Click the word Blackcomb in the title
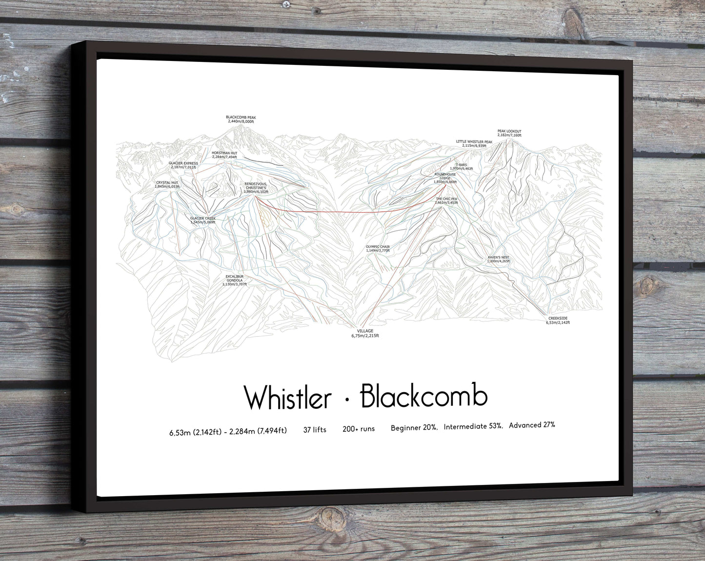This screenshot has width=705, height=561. tap(423, 396)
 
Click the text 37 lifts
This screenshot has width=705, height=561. tap(315, 429)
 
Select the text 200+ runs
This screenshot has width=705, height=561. tap(359, 429)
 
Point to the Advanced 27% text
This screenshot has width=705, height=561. tap(532, 425)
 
